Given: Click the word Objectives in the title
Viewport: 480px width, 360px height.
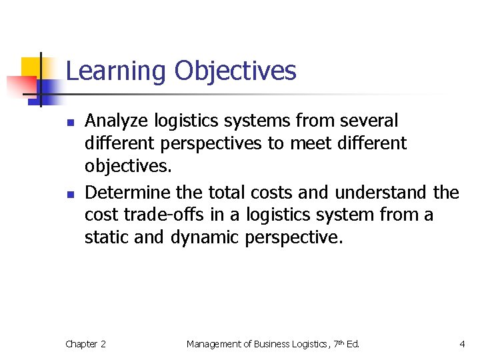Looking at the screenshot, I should point(235,71).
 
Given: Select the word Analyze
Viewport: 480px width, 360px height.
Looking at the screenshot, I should point(117,121).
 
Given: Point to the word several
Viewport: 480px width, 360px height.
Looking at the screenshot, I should point(369,121).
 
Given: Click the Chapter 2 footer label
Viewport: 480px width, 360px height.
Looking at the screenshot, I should point(85,344).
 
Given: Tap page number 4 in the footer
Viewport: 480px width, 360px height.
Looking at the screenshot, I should point(462,344).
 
